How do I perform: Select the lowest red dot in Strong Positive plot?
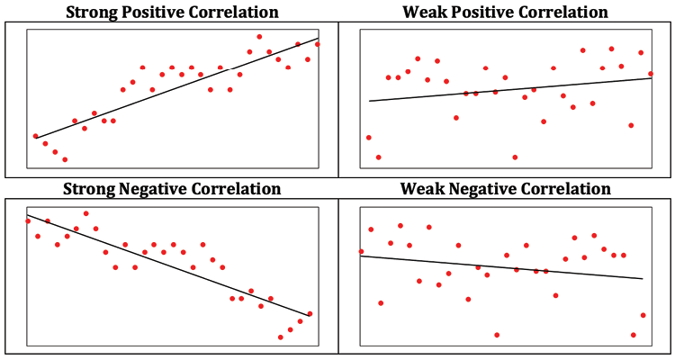click(65, 159)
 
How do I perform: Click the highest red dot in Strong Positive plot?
click(260, 37)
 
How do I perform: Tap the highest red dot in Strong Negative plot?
click(86, 213)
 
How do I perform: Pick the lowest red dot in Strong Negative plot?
click(281, 337)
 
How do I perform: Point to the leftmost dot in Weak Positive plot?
click(369, 138)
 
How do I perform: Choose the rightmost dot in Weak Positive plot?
click(651, 74)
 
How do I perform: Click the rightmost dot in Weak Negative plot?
click(643, 315)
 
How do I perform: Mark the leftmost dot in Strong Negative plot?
click(28, 220)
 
